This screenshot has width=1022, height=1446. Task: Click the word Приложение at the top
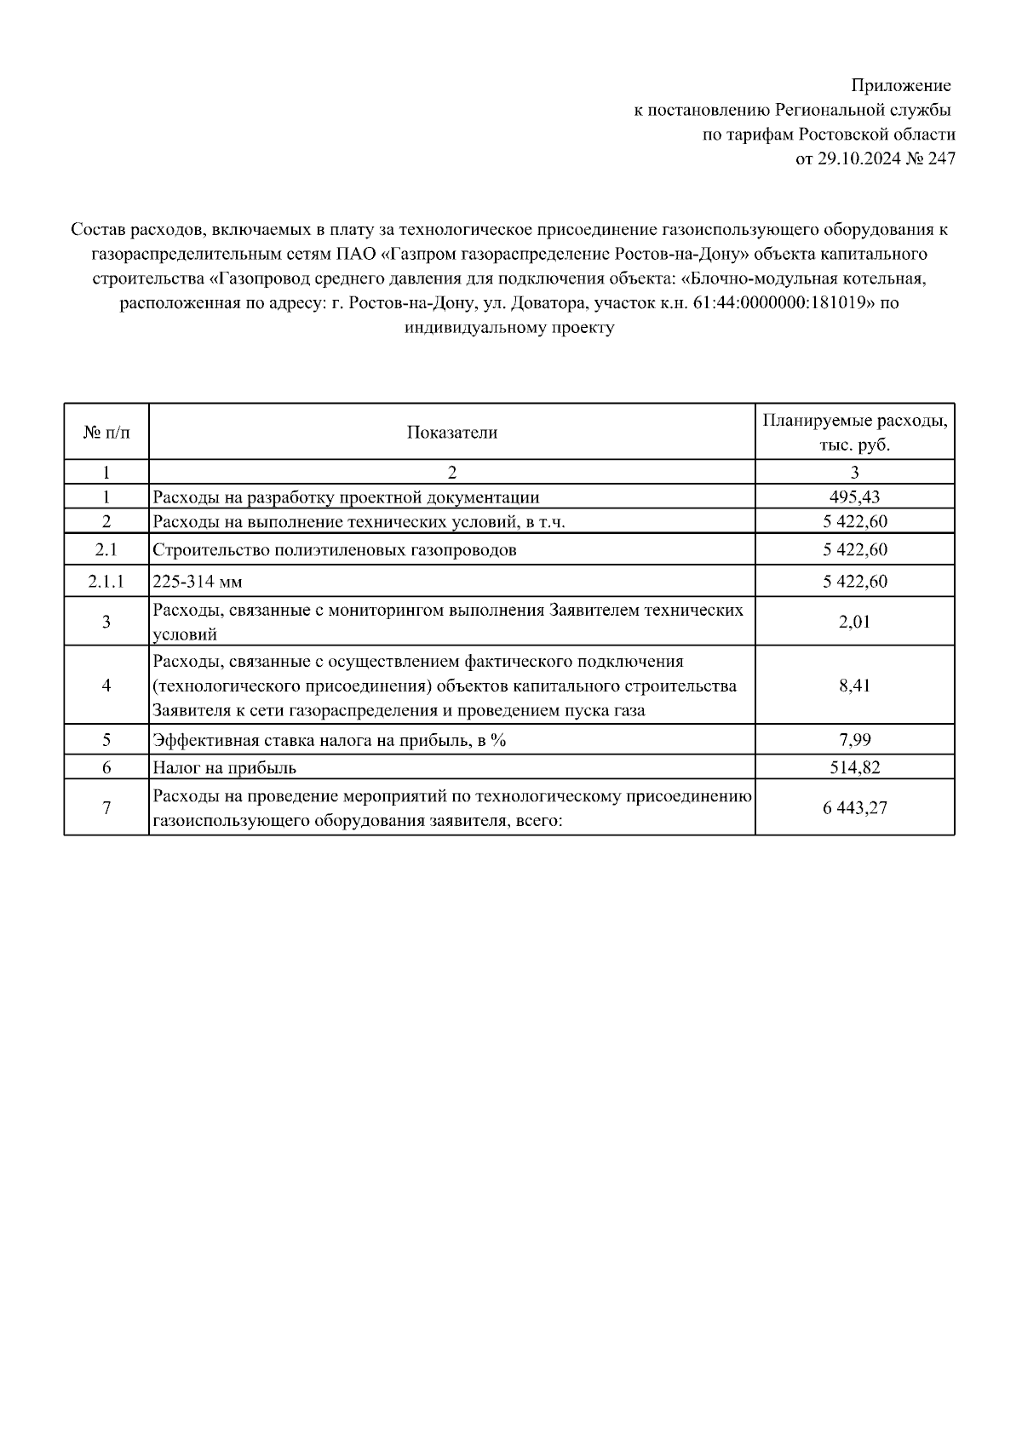901,86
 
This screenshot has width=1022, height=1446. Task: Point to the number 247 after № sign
941,159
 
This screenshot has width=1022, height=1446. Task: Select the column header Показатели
451,433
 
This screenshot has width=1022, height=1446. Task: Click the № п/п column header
106,433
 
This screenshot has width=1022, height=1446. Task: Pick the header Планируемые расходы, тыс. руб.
854,433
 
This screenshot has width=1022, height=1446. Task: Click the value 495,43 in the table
854,497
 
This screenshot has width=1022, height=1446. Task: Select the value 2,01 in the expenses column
854,622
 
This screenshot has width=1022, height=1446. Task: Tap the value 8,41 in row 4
854,686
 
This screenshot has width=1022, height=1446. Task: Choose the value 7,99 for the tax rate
854,740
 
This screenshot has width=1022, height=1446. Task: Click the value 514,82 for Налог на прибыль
854,767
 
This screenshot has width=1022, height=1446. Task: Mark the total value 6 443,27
854,808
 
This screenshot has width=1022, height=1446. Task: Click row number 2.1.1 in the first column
106,582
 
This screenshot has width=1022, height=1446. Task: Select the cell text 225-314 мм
197,582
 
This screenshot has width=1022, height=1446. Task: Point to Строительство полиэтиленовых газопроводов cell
334,550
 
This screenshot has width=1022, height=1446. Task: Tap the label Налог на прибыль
224,767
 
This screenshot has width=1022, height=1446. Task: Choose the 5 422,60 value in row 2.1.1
854,582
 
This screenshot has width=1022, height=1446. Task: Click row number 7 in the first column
106,808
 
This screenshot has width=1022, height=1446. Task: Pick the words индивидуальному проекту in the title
509,328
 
